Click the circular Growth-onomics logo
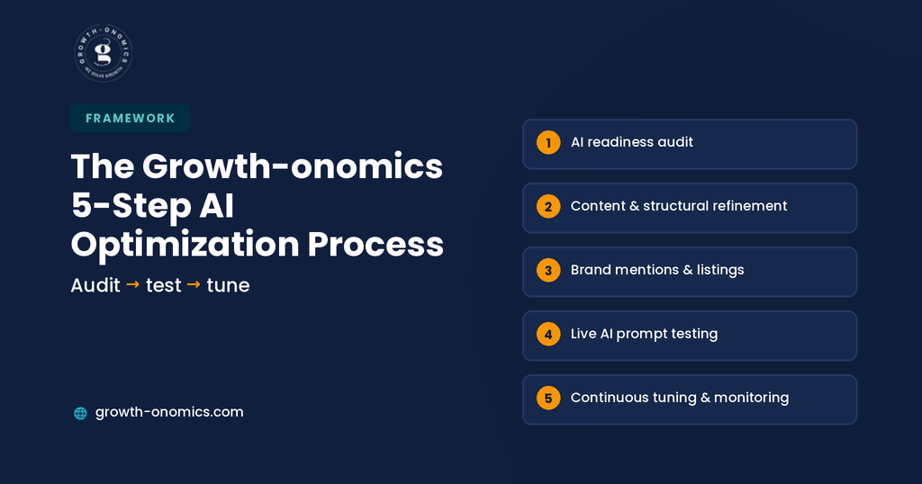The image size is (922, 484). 104,53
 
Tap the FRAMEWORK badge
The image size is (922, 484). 130,118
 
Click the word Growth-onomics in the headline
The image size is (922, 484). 293,166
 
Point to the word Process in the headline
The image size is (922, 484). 375,244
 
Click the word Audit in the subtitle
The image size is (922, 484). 95,285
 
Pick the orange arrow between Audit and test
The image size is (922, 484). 133,284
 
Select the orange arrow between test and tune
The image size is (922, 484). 194,284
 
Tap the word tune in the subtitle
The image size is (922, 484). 228,285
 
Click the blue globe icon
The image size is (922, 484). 80,413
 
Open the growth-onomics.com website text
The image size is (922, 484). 169,412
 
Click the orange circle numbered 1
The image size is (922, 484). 548,143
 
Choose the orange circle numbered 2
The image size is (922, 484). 548,207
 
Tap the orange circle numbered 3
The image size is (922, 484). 548,270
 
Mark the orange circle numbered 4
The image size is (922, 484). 548,335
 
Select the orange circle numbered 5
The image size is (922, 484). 548,399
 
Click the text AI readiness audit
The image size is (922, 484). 631,142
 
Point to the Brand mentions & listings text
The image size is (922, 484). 657,270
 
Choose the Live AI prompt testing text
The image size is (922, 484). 644,335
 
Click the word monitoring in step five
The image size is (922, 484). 752,399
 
